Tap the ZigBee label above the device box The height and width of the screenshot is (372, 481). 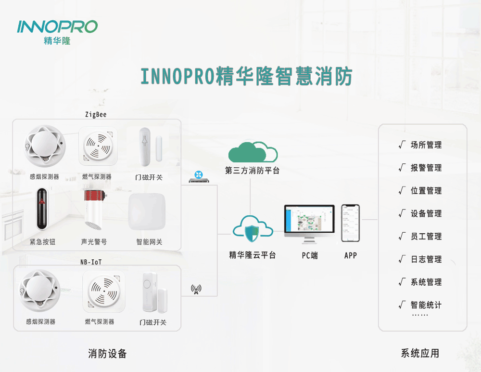(x=96, y=115)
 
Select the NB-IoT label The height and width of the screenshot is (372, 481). (x=91, y=262)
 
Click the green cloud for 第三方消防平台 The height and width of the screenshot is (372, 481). (x=253, y=152)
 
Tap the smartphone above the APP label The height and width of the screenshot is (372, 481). (x=351, y=223)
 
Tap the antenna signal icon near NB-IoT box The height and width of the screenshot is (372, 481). (x=196, y=289)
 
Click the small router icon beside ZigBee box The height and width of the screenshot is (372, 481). (x=197, y=177)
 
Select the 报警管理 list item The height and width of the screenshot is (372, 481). (x=426, y=168)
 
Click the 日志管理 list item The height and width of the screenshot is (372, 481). (x=426, y=259)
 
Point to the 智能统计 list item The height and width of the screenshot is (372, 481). (x=426, y=305)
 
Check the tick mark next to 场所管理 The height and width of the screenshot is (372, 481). (x=402, y=145)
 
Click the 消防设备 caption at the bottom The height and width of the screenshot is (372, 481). (x=107, y=354)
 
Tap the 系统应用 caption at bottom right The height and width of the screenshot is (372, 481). (x=420, y=353)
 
